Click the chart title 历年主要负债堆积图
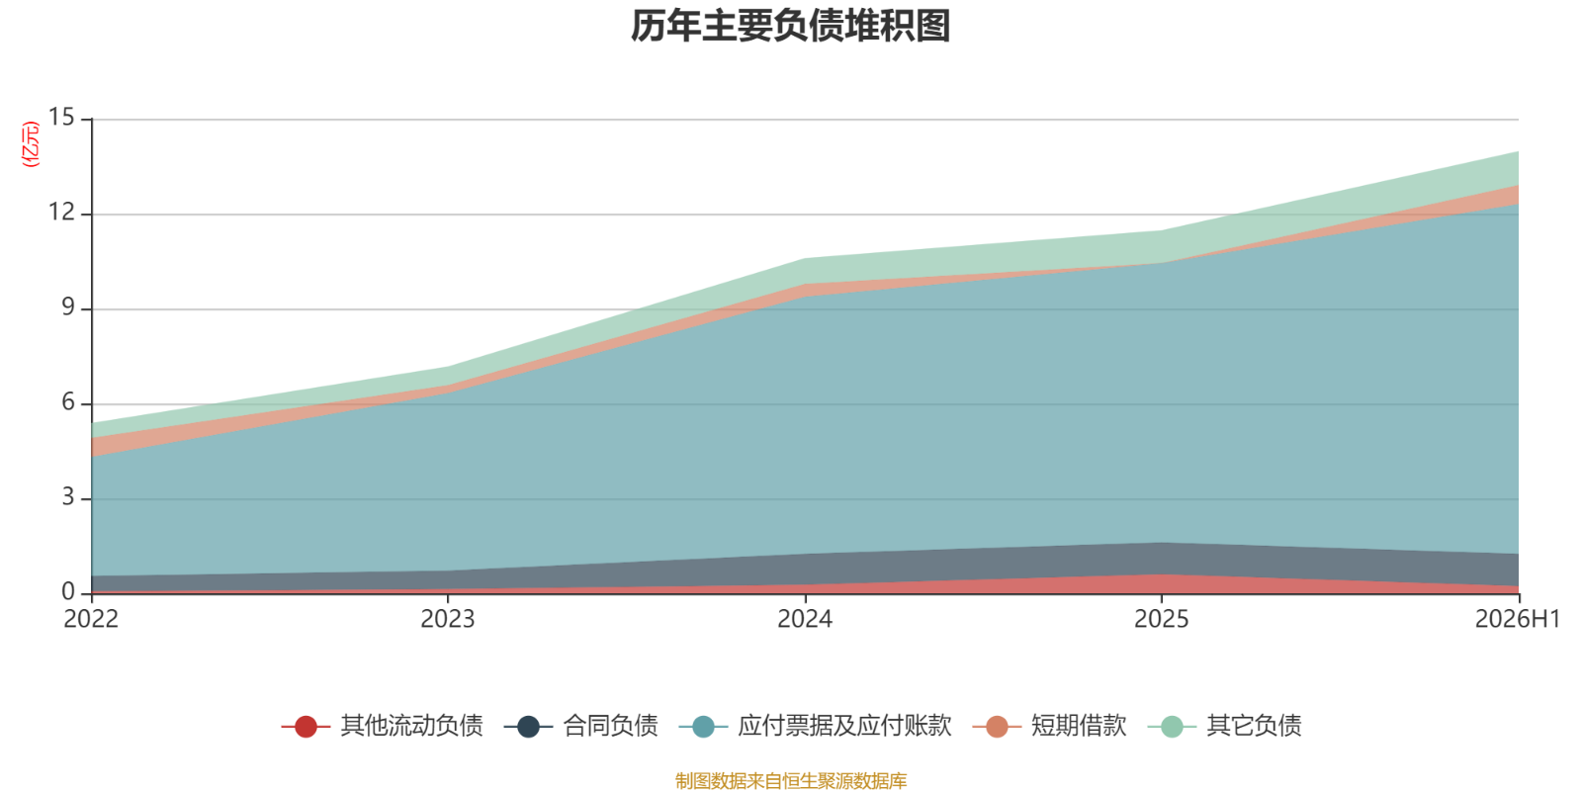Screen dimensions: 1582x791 [x=790, y=27]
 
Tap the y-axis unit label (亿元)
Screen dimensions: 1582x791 [x=31, y=144]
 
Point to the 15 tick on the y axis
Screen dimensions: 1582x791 [x=61, y=118]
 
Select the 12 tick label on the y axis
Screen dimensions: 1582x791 [x=61, y=212]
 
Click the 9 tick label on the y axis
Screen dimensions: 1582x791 [x=68, y=308]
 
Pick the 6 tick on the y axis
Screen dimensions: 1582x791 [x=68, y=401]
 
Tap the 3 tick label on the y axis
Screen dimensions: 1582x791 [x=68, y=497]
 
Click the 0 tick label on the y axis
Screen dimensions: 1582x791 [x=68, y=592]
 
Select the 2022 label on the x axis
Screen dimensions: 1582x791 [x=91, y=619]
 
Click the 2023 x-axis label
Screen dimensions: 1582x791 [x=448, y=619]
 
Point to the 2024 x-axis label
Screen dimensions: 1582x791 [x=805, y=619]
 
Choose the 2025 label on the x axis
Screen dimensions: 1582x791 [x=1162, y=619]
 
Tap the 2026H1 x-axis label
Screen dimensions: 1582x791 [x=1517, y=619]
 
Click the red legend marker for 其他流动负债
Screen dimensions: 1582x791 [x=306, y=726]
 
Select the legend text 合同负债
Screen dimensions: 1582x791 [x=610, y=726]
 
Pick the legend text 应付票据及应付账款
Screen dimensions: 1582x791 [x=844, y=726]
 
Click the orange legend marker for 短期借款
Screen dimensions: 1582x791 [x=997, y=726]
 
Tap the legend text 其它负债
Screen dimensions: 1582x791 [x=1254, y=726]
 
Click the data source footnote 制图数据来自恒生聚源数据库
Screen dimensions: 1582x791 [x=791, y=780]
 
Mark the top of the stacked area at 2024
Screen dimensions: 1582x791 [x=805, y=258]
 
